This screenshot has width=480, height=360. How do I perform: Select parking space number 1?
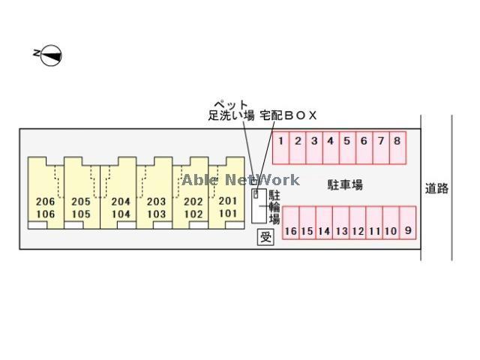[x=281, y=148]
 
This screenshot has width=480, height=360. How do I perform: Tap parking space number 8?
[x=397, y=148]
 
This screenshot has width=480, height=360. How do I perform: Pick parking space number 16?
[x=290, y=223]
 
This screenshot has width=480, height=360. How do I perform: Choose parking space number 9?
[x=408, y=223]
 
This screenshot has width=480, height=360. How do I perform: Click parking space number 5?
[x=347, y=148]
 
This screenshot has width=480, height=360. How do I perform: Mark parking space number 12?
[x=358, y=223]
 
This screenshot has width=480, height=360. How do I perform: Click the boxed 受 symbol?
[x=265, y=237]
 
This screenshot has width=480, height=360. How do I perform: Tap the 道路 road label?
[x=436, y=188]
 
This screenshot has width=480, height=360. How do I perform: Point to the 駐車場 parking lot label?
[x=345, y=185]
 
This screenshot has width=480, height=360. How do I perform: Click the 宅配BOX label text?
[x=288, y=115]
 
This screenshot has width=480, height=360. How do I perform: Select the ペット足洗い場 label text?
[x=231, y=110]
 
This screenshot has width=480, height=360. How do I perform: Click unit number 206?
[x=45, y=202]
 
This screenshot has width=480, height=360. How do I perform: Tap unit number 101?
[x=228, y=213]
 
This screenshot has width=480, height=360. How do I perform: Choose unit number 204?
[x=121, y=202]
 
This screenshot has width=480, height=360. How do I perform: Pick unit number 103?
[x=156, y=214]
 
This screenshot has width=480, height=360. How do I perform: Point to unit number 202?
[x=193, y=202]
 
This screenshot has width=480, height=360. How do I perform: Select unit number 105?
[x=81, y=214]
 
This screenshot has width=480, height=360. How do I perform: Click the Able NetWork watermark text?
[x=241, y=180]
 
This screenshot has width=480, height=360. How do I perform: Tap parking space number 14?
[x=324, y=223]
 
